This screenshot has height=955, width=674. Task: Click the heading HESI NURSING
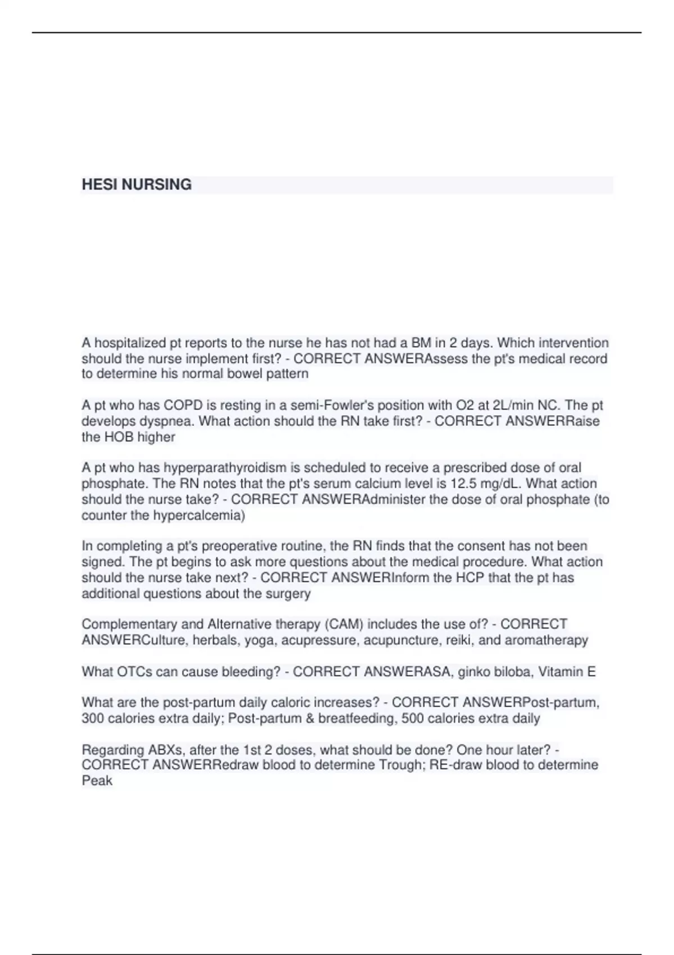pyautogui.click(x=136, y=185)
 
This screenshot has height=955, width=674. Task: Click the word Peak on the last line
pyautogui.click(x=97, y=781)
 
